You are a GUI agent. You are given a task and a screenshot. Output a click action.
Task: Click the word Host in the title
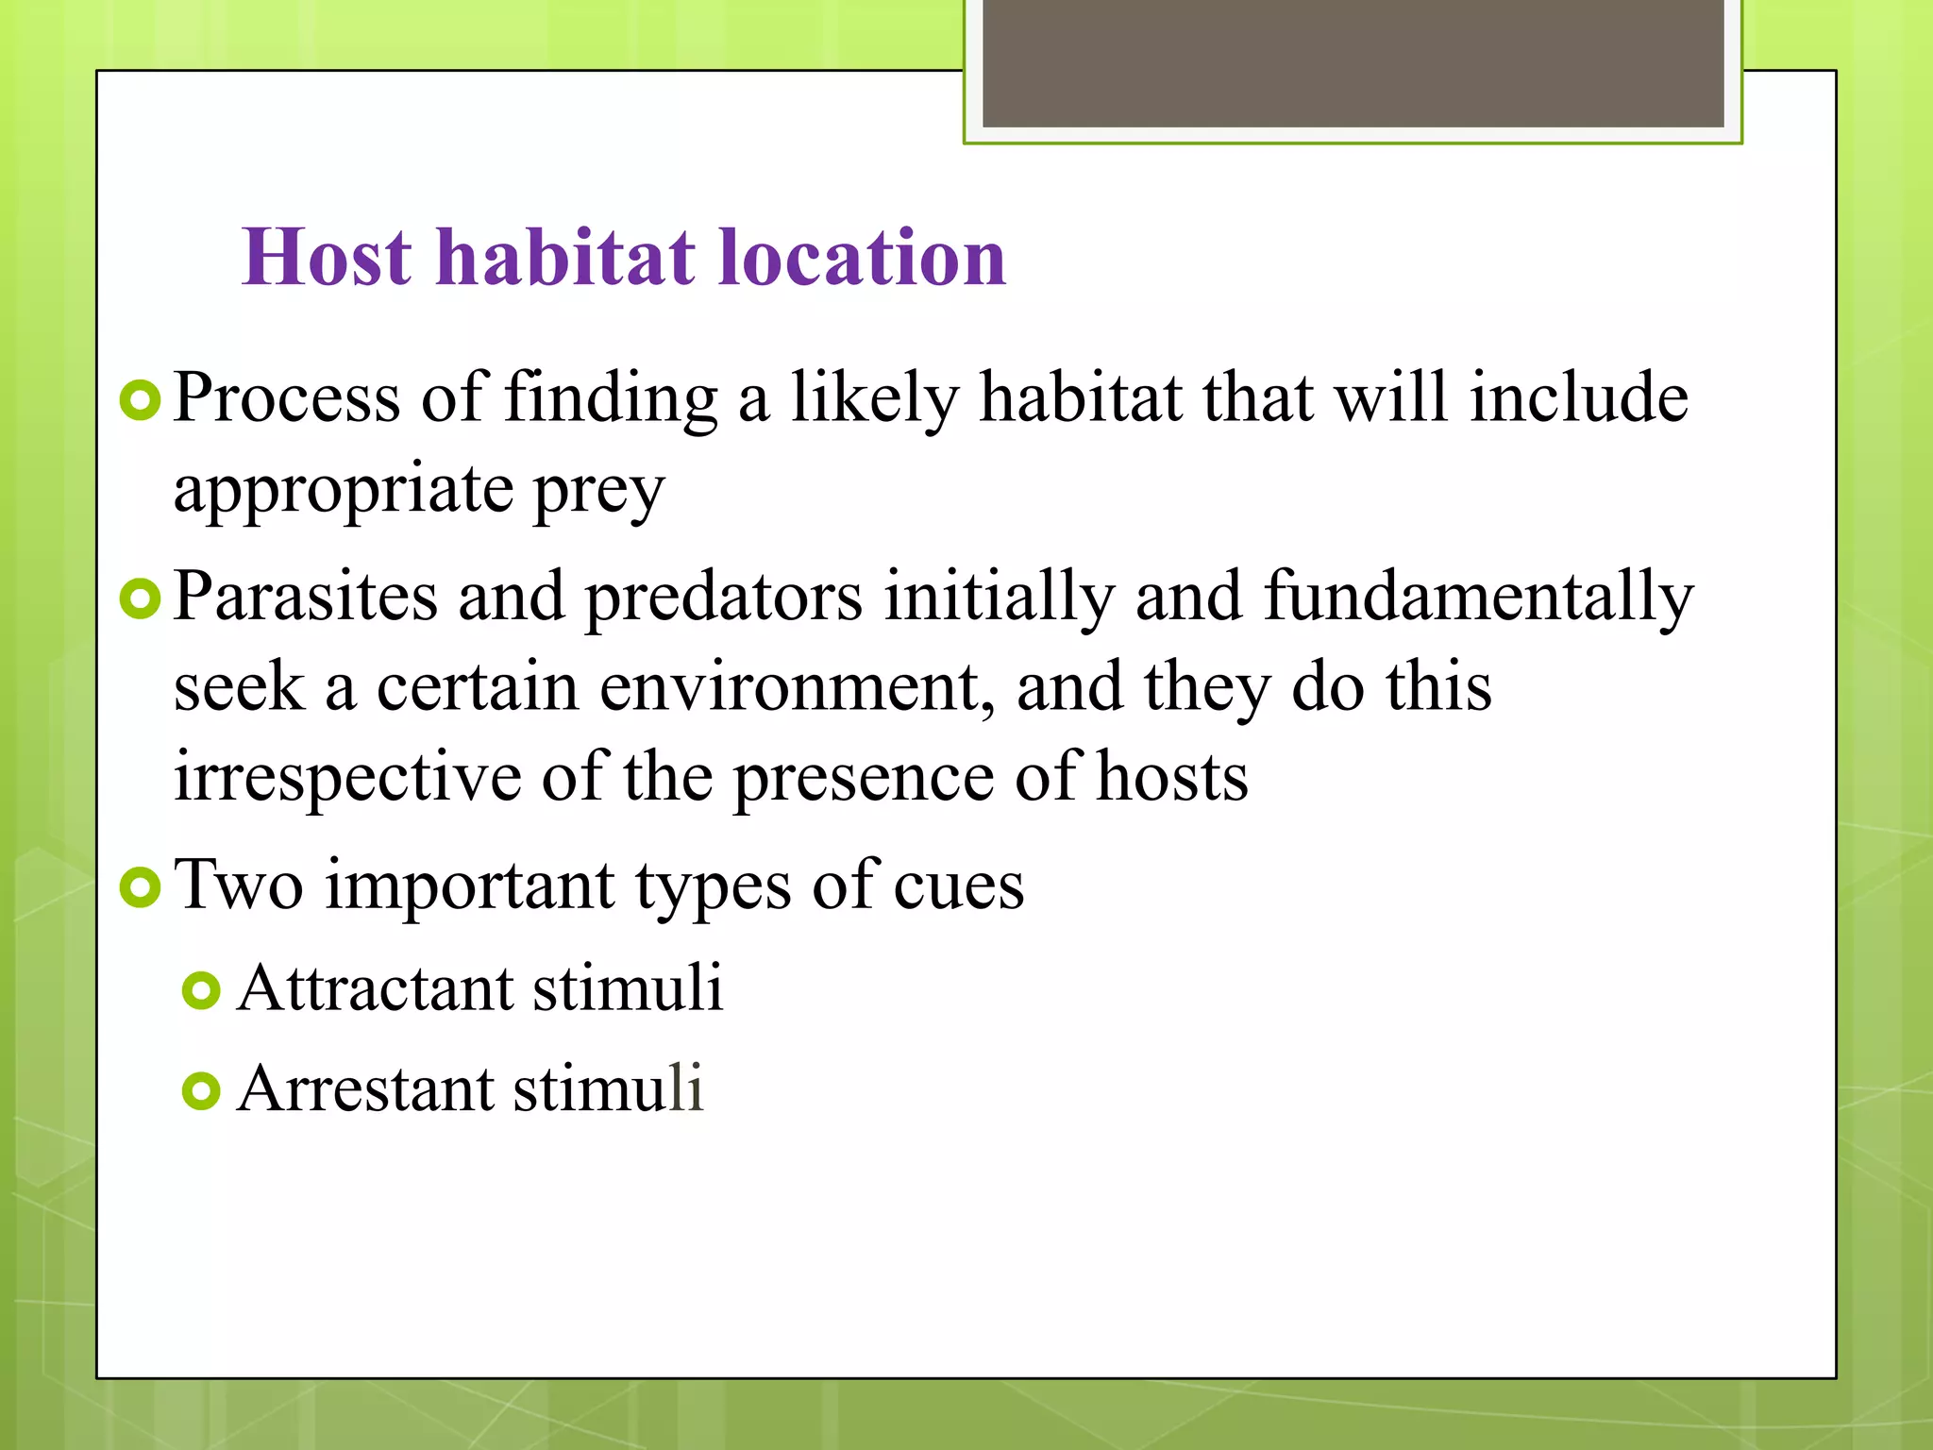pyautogui.click(x=327, y=257)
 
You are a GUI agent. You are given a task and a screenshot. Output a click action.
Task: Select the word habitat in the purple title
pyautogui.click(x=565, y=257)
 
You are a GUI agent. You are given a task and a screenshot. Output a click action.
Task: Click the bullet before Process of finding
pyautogui.click(x=141, y=401)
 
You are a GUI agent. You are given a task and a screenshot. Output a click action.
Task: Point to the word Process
pyautogui.click(x=287, y=397)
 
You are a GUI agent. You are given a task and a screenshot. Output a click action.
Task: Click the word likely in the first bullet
pyautogui.click(x=874, y=397)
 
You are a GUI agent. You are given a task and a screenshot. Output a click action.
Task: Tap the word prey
pyautogui.click(x=598, y=491)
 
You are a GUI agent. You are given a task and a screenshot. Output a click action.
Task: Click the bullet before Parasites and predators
pyautogui.click(x=141, y=599)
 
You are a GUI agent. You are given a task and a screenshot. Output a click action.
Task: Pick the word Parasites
pyautogui.click(x=306, y=597)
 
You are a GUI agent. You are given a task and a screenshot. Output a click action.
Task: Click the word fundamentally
pyautogui.click(x=1478, y=597)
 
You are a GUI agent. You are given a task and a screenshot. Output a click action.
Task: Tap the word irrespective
pyautogui.click(x=346, y=777)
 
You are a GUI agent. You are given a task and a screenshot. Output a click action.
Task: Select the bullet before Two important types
pyautogui.click(x=141, y=887)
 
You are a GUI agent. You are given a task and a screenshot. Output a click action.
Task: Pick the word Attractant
pyautogui.click(x=375, y=988)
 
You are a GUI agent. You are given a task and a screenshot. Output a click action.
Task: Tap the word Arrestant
pyautogui.click(x=365, y=1088)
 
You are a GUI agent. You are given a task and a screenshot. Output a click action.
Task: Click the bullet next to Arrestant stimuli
pyautogui.click(x=201, y=1091)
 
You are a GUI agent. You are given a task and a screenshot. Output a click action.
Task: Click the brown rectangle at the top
pyautogui.click(x=1353, y=62)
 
